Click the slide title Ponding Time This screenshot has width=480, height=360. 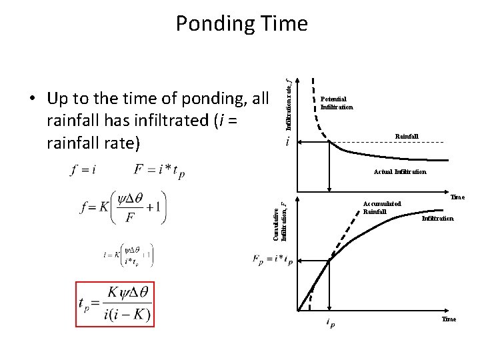tap(241, 24)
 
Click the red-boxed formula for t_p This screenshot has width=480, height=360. tap(114, 304)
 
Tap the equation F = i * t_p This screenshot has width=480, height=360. tap(160, 169)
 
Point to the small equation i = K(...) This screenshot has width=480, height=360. tap(127, 254)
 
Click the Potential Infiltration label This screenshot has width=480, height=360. tap(335, 103)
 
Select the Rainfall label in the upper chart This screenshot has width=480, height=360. tap(407, 136)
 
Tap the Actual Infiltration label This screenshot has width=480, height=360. tap(399, 172)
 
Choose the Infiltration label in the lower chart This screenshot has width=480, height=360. tap(437, 218)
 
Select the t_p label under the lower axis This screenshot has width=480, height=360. tap(331, 323)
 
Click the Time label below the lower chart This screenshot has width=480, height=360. tap(449, 319)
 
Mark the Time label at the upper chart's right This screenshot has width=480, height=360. tap(457, 197)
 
